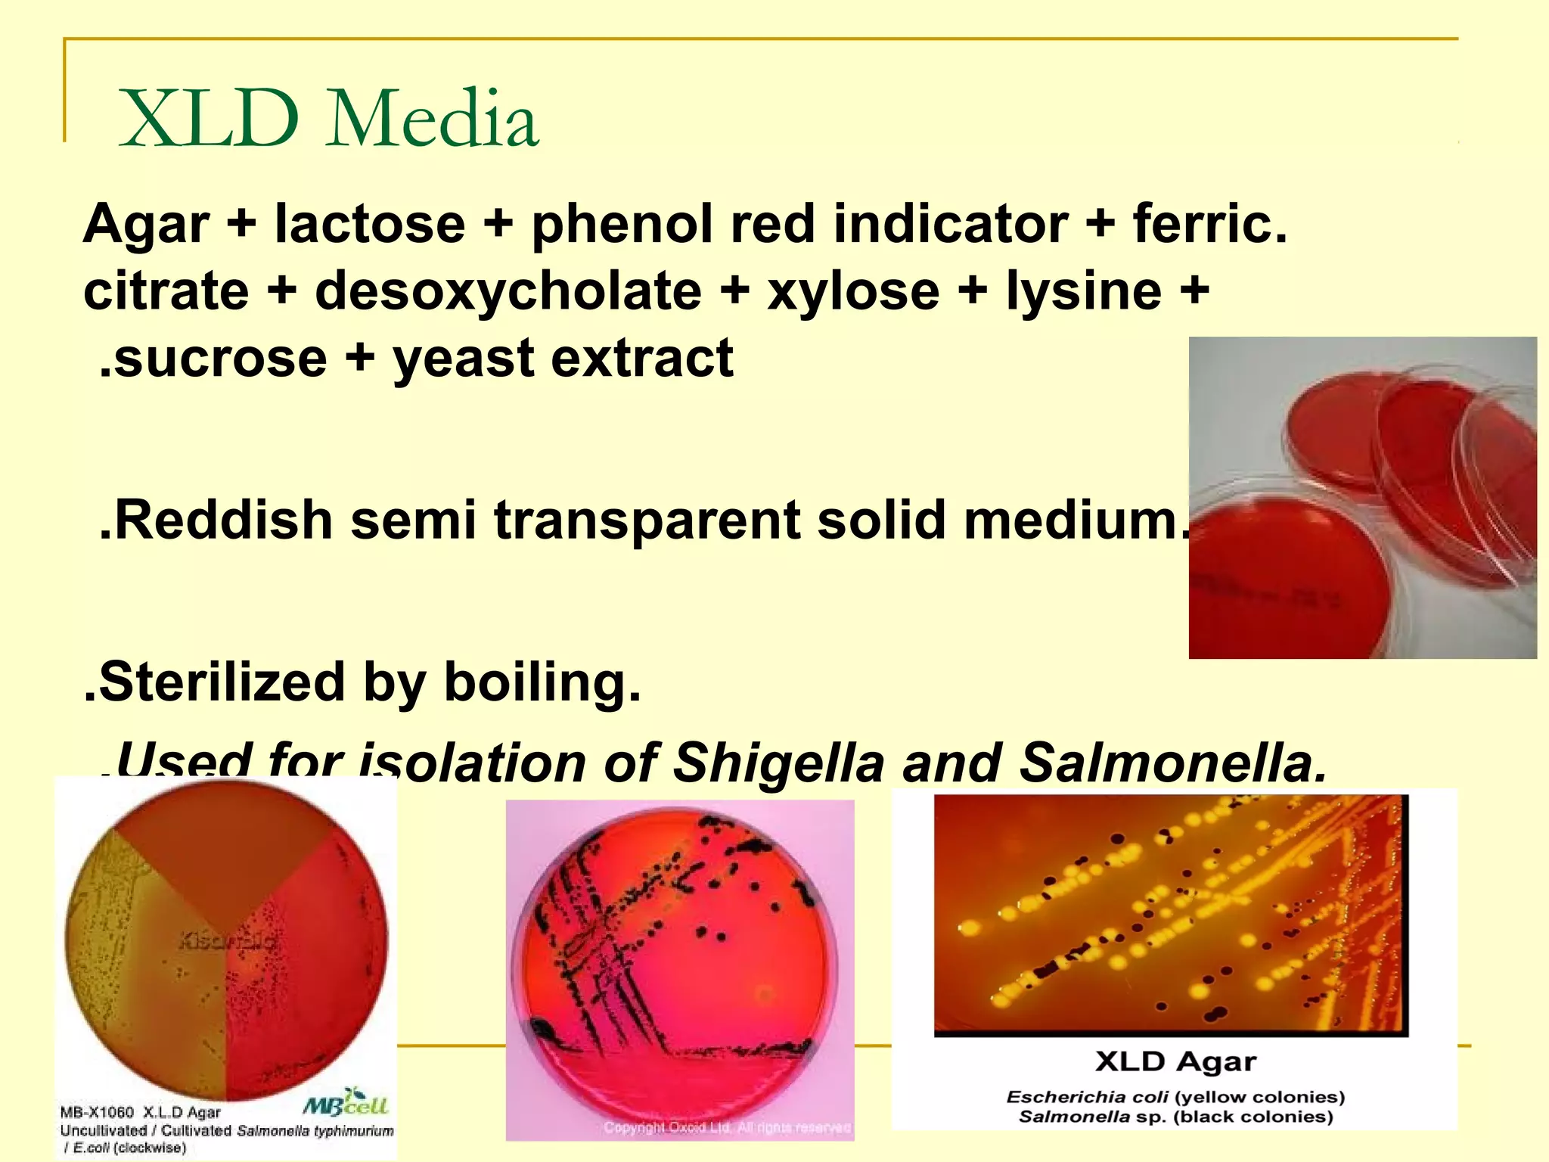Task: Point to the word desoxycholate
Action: pos(508,291)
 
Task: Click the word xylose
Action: pos(853,291)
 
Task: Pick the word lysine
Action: pos(1083,291)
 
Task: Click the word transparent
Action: pos(647,520)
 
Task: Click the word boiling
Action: pos(542,682)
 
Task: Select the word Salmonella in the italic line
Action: pos(1172,763)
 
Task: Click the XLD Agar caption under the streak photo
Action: pos(1175,1062)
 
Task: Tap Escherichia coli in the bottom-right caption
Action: pos(1086,1097)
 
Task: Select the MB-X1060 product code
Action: pos(97,1112)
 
